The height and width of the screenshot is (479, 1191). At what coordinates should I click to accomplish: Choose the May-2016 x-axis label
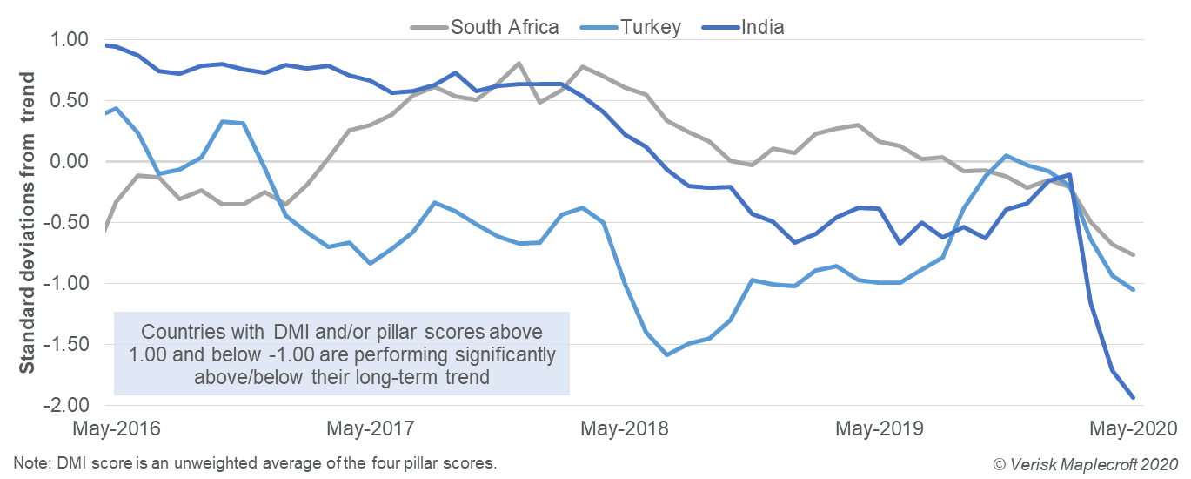coord(116,429)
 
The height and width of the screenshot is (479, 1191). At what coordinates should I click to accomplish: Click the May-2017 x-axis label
coord(371,429)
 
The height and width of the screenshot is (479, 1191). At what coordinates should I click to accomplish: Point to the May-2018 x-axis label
coord(625,429)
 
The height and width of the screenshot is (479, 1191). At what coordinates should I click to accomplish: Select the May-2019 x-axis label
coord(879,429)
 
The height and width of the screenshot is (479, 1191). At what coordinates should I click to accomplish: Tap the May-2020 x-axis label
coord(1134,429)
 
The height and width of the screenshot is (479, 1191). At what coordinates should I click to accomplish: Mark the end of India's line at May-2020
coord(1134,398)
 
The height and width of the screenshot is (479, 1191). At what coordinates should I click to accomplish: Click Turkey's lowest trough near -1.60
coord(666,354)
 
